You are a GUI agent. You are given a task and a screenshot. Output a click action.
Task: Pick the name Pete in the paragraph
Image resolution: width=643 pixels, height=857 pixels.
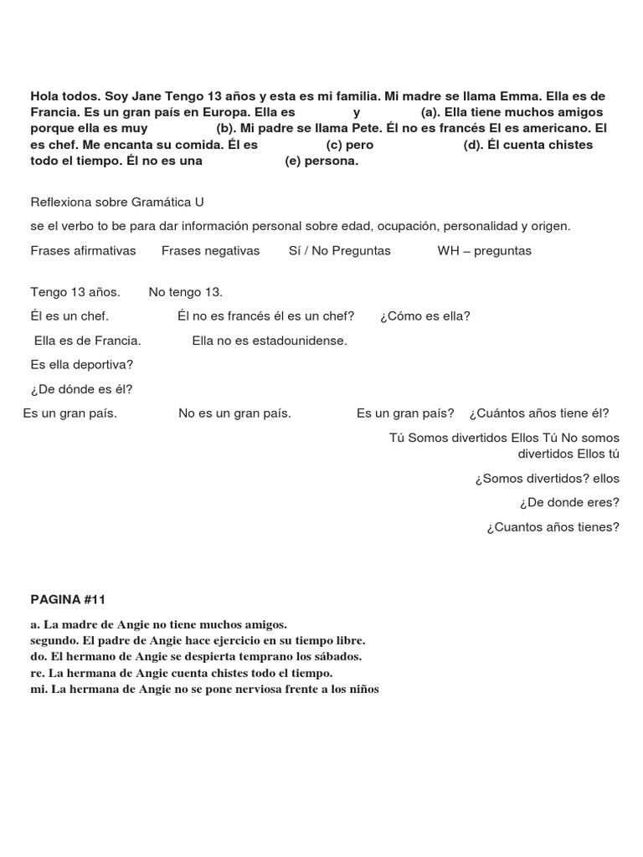(x=363, y=128)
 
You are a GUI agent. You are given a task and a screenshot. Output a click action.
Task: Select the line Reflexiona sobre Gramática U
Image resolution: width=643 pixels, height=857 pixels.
(x=117, y=202)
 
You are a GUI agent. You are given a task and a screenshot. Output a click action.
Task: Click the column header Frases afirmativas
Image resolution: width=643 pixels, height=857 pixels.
(x=83, y=250)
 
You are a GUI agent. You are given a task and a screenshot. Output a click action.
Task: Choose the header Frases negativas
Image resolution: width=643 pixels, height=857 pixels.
(x=210, y=250)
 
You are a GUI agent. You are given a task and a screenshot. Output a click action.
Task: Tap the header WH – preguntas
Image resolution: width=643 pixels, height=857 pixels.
(x=484, y=250)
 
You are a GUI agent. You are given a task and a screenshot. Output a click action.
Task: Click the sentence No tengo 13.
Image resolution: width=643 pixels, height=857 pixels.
(x=185, y=292)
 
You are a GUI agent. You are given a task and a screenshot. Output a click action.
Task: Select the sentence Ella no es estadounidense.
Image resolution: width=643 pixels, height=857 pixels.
(x=269, y=340)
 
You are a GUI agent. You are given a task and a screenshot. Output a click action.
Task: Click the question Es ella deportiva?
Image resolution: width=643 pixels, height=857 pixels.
(x=81, y=364)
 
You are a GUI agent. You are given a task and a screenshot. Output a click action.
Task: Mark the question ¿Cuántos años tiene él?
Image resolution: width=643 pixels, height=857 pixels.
(x=539, y=413)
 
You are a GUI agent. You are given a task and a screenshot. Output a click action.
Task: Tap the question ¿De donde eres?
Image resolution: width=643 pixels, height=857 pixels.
(x=569, y=502)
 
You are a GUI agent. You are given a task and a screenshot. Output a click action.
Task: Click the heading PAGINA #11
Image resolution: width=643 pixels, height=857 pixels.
(x=68, y=599)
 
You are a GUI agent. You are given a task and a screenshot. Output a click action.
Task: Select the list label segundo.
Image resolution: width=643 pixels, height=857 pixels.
(x=50, y=640)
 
